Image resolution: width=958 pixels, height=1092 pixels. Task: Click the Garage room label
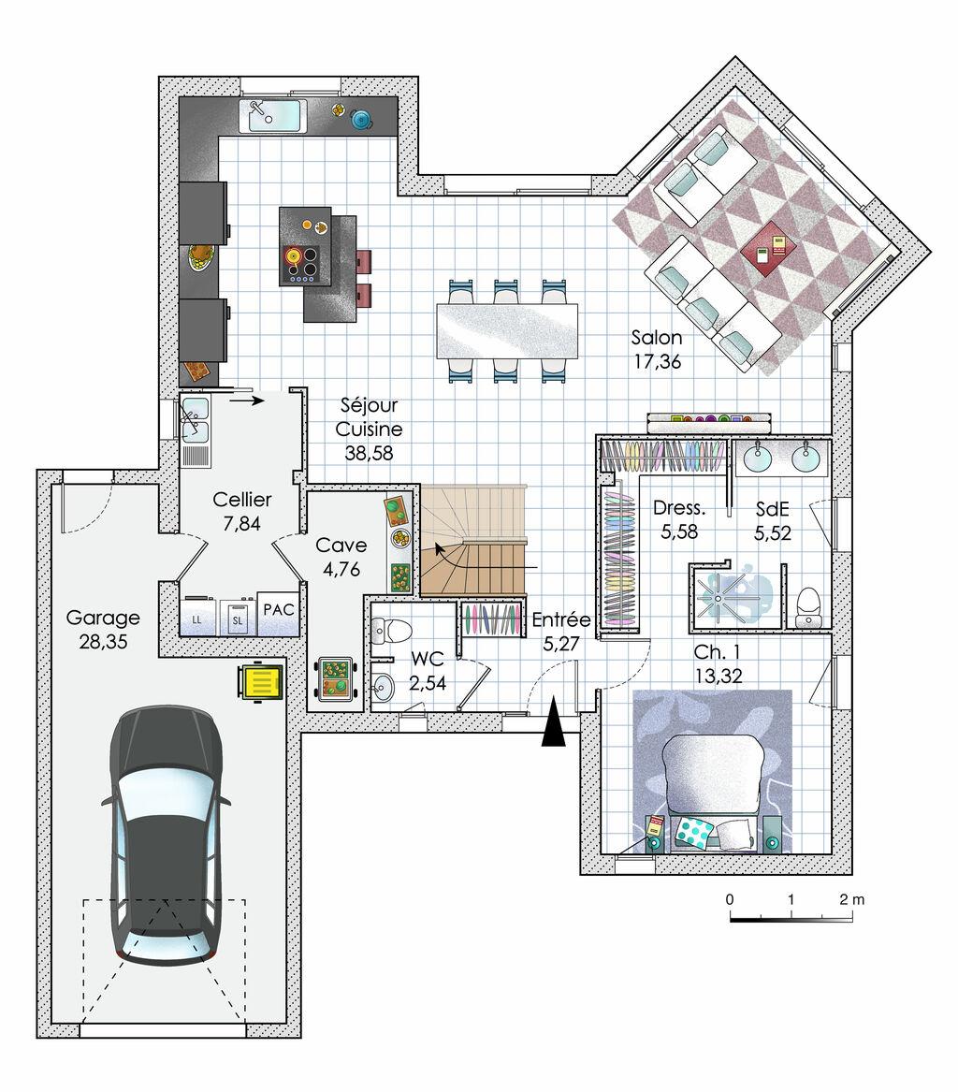click(x=102, y=618)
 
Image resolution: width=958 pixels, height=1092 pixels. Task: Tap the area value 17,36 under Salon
click(x=657, y=361)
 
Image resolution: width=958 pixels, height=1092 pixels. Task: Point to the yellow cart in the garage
click(x=260, y=682)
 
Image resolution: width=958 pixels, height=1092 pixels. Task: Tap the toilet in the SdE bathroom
click(x=808, y=607)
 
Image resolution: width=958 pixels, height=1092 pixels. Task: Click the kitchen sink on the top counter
click(x=273, y=116)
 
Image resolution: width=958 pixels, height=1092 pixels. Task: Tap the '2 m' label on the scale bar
click(x=851, y=899)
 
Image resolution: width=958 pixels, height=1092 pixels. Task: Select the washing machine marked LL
click(x=199, y=617)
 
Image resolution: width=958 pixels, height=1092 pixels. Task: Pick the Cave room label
click(x=341, y=546)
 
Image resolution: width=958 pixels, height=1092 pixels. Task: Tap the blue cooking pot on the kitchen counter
click(x=361, y=120)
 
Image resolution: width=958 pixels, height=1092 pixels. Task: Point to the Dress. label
click(x=679, y=508)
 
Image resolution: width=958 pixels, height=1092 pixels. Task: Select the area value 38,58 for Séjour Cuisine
click(x=369, y=454)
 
